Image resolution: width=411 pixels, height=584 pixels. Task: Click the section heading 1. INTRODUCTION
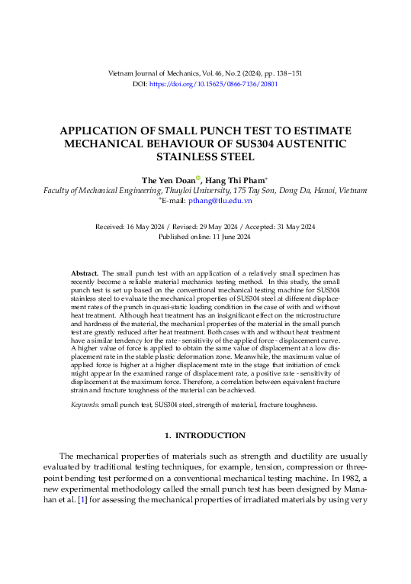(205, 435)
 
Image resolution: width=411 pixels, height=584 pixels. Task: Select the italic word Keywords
(88, 405)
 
